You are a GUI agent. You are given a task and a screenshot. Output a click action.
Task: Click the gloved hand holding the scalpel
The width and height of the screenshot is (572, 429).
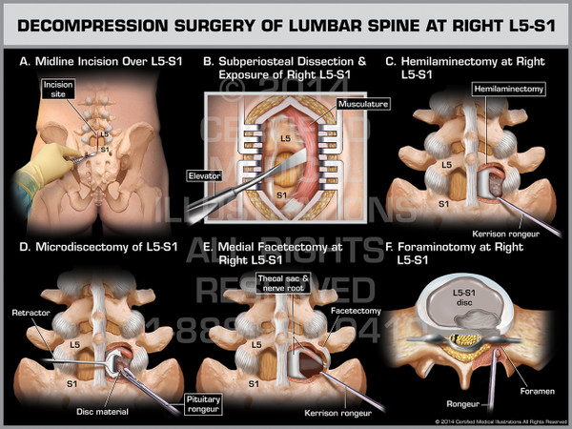(38, 170)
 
